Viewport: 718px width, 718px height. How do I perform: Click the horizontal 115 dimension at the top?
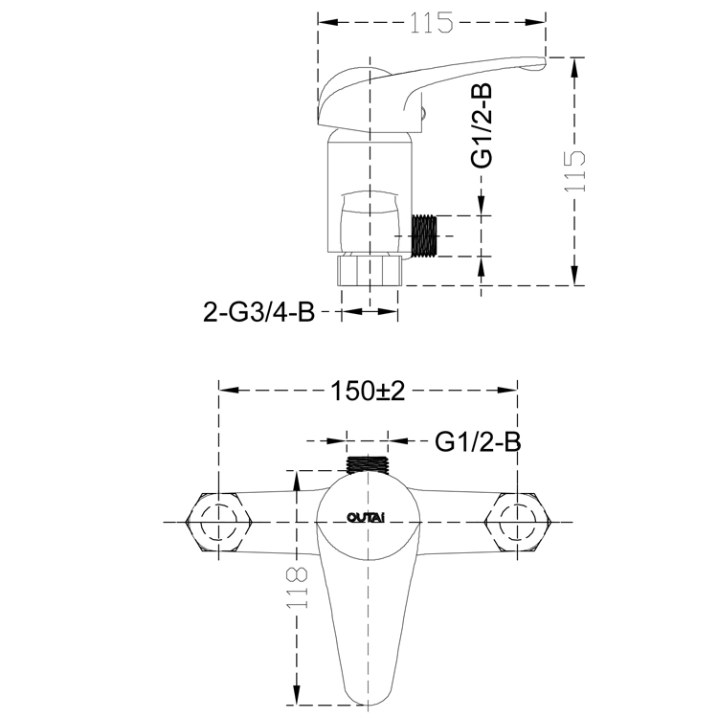432,22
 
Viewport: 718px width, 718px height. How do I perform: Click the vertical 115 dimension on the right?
575,171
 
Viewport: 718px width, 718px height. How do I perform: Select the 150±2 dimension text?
368,391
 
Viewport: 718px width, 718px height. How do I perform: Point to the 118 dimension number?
297,588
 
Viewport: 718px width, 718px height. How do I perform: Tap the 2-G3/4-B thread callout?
259,312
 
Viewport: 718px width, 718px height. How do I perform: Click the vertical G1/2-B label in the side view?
482,125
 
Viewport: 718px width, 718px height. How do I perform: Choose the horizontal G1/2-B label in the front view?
478,442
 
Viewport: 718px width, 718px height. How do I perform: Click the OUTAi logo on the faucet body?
366,518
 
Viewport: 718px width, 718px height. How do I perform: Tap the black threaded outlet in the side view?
425,236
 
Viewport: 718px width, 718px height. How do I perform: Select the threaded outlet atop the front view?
368,465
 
